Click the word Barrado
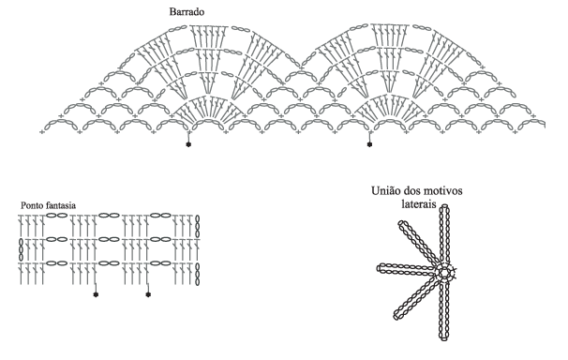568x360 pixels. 187,12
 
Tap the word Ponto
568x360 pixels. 32,205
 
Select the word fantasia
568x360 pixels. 61,205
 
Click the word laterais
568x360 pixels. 419,203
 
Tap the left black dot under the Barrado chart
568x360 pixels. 188,144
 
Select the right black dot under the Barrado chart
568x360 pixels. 369,144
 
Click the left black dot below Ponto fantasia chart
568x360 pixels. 96,294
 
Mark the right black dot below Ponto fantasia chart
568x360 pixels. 148,294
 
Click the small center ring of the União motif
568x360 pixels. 444,272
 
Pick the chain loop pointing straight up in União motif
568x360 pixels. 444,235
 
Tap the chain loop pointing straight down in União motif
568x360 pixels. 443,309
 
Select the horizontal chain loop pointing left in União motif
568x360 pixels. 407,268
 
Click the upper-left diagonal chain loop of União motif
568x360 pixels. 420,244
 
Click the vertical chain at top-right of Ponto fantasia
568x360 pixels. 198,226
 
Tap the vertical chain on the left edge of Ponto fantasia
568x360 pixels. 21,249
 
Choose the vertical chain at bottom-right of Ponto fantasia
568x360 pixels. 198,274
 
